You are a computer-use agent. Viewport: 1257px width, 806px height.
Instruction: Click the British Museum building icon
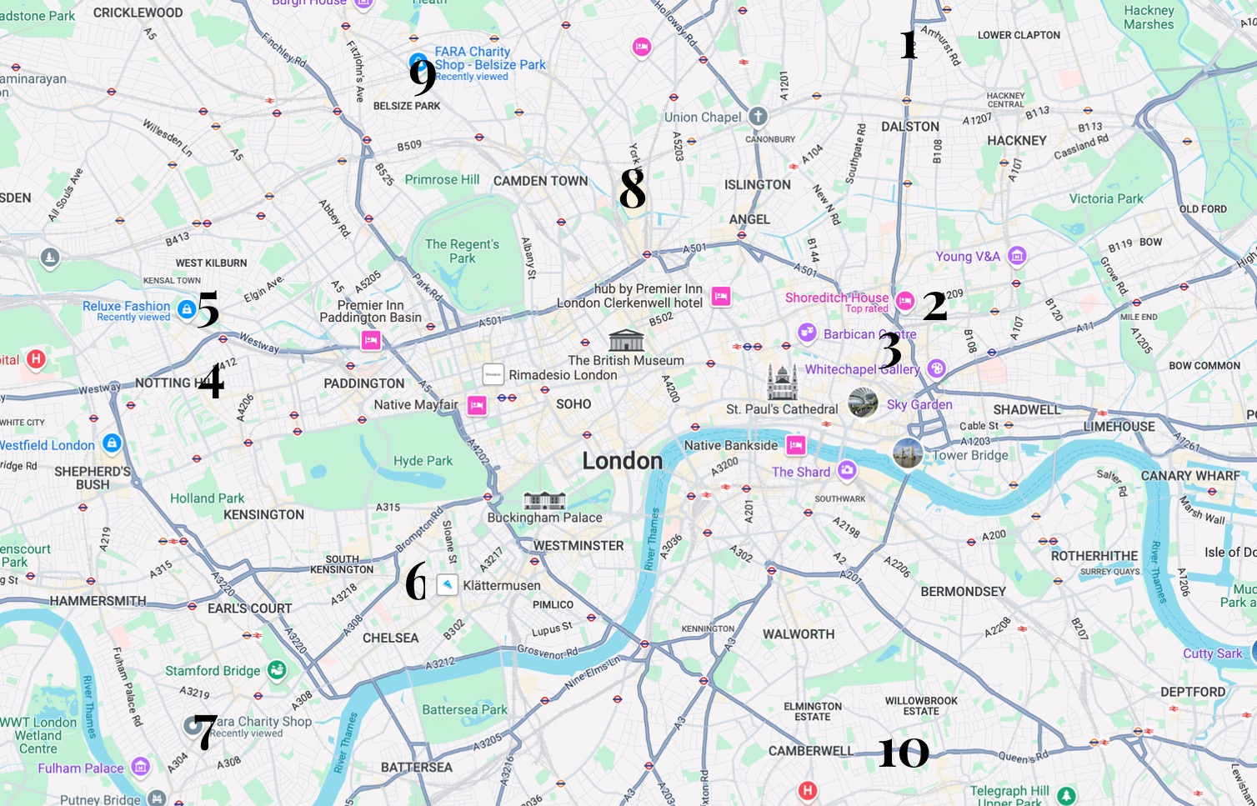pos(626,340)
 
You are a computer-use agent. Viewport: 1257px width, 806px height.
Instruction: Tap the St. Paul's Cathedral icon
pos(783,383)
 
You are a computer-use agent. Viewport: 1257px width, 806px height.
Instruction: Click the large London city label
pos(622,461)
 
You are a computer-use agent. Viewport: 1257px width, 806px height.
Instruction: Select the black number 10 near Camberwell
pos(904,753)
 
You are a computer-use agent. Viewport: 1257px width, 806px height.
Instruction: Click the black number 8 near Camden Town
pos(632,188)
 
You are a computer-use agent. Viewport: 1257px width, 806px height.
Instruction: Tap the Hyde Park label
pos(423,461)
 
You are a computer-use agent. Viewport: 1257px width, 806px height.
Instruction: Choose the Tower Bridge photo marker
pos(907,454)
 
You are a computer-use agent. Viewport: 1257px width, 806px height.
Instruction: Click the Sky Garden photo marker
pos(863,403)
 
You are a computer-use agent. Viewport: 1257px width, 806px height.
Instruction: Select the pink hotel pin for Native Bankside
pos(796,445)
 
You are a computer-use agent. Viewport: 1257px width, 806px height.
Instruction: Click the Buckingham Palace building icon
pos(544,500)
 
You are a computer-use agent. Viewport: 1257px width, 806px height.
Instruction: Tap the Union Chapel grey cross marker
pos(757,117)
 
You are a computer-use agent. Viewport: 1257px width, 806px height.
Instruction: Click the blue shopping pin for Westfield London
pos(112,443)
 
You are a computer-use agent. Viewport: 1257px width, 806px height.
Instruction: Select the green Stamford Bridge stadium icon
pos(277,669)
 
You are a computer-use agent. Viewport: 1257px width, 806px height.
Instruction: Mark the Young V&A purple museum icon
pos(1016,256)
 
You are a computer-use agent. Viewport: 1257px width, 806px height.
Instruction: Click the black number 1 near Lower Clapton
pos(909,44)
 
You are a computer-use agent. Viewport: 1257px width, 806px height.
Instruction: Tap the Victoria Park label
pos(1106,199)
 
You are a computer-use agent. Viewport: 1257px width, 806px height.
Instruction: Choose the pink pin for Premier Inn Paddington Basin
pos(371,340)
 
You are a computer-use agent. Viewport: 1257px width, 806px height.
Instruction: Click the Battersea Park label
pos(464,710)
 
